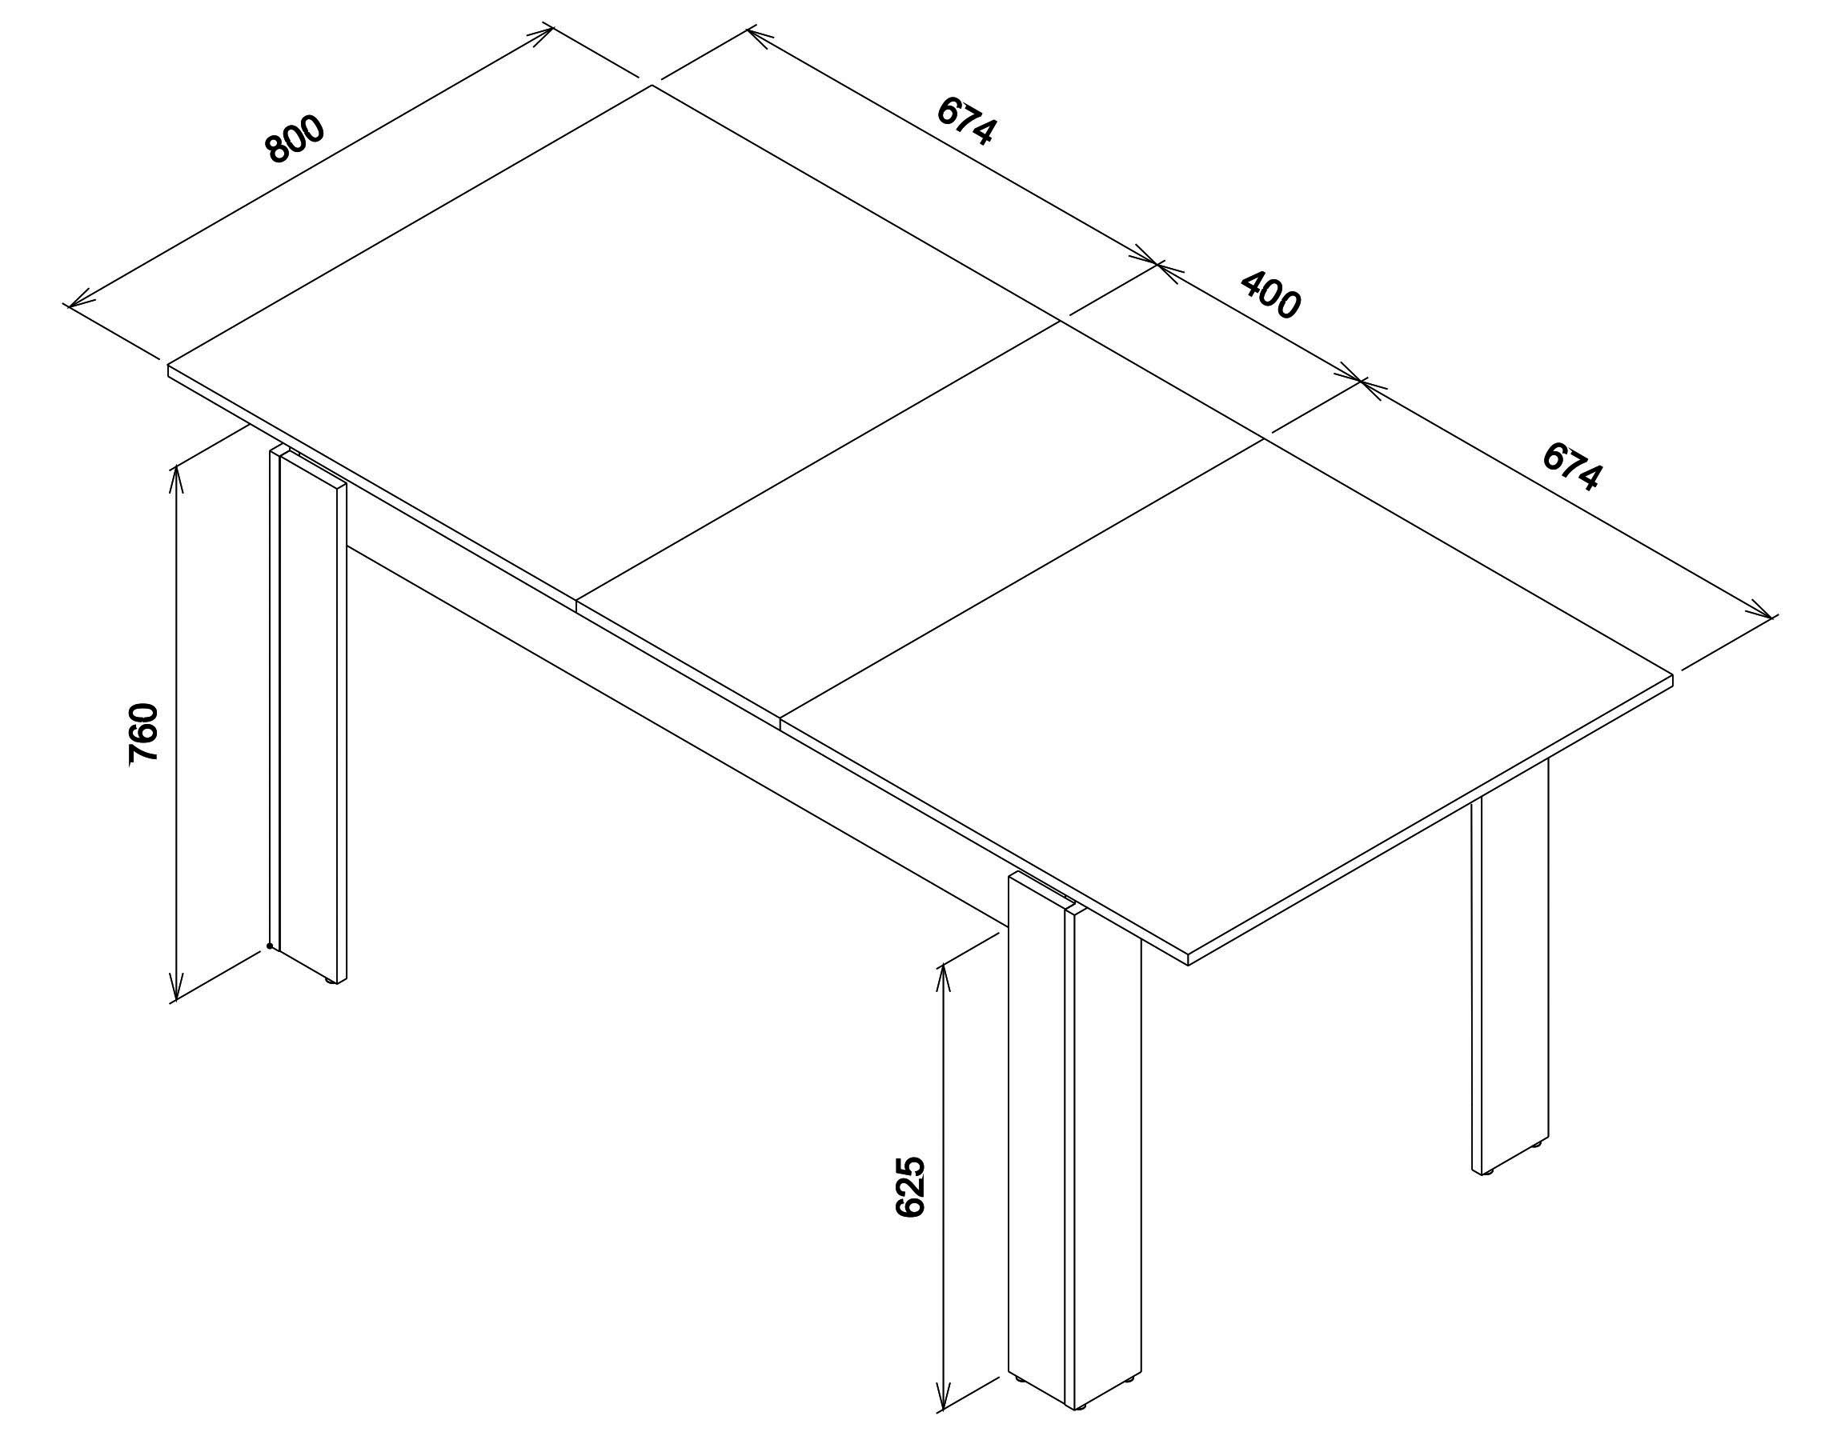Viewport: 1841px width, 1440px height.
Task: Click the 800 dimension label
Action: (295, 140)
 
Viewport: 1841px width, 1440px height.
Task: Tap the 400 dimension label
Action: (1270, 294)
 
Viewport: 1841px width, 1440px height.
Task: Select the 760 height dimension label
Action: (143, 734)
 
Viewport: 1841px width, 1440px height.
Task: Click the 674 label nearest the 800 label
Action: (967, 121)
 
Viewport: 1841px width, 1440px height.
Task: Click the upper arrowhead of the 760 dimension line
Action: (176, 480)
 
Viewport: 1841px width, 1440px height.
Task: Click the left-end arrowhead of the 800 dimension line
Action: (78, 301)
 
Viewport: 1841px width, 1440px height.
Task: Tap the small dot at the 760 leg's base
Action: (270, 945)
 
